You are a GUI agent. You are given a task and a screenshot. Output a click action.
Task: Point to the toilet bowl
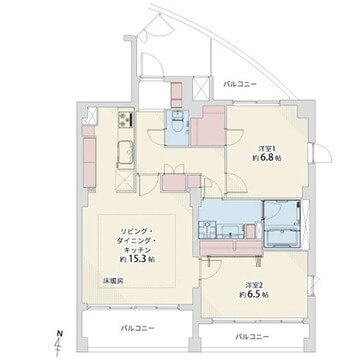click(x=176, y=125)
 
